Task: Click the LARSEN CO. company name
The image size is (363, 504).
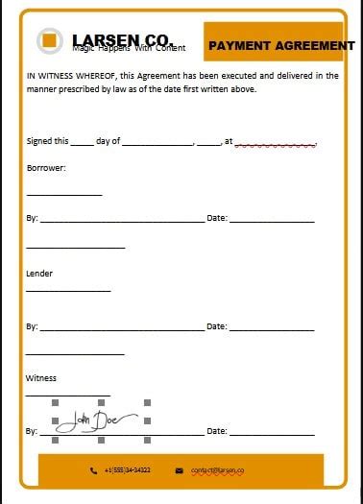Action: (120, 39)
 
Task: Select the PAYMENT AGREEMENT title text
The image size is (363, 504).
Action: (281, 45)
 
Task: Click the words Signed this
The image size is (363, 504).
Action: (46, 141)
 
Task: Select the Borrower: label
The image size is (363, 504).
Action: (46, 168)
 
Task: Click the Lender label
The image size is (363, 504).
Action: (39, 274)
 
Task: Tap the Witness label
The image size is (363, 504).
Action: (42, 378)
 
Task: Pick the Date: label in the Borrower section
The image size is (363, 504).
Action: (217, 219)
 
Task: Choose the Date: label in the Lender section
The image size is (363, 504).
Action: (217, 326)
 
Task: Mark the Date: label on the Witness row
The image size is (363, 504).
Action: (217, 431)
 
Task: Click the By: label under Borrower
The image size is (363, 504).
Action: (32, 219)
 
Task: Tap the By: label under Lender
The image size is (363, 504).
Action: (32, 326)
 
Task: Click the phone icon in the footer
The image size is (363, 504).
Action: (94, 470)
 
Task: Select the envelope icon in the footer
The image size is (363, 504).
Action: (180, 470)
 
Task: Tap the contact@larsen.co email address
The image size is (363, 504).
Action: (218, 470)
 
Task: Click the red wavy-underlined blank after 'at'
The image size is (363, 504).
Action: (275, 143)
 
